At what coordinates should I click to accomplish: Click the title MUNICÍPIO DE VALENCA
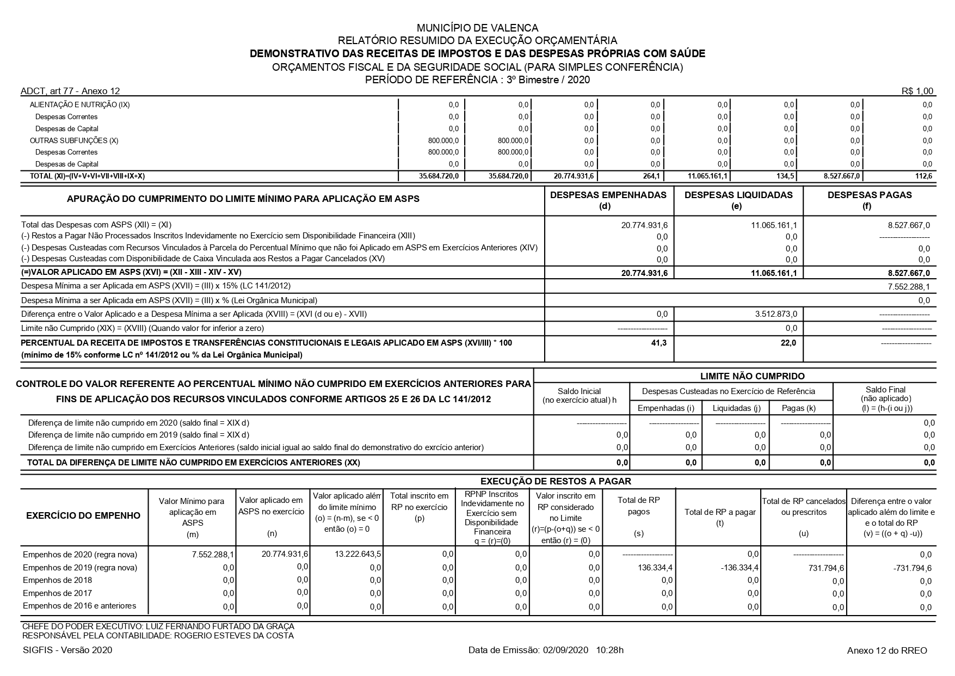[477, 28]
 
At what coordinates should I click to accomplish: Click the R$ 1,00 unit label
[917, 91]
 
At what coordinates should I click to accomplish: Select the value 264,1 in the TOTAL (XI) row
[651, 176]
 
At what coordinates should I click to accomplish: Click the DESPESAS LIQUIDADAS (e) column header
[738, 200]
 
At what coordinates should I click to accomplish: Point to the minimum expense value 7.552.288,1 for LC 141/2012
[908, 286]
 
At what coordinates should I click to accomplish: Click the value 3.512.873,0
[776, 314]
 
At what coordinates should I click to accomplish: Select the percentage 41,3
[660, 343]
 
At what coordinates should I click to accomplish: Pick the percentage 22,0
[788, 343]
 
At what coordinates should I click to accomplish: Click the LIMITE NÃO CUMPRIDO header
[752, 376]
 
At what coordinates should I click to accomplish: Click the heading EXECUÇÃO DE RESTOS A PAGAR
[556, 481]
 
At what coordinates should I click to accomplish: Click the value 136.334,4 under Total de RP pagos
[655, 568]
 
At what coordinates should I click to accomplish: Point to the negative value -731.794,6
[912, 568]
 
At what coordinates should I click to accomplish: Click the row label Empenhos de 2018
[57, 580]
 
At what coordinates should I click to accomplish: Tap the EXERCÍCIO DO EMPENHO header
[83, 515]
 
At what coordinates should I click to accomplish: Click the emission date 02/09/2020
[566, 650]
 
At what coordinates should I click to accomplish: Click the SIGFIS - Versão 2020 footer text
[68, 650]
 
